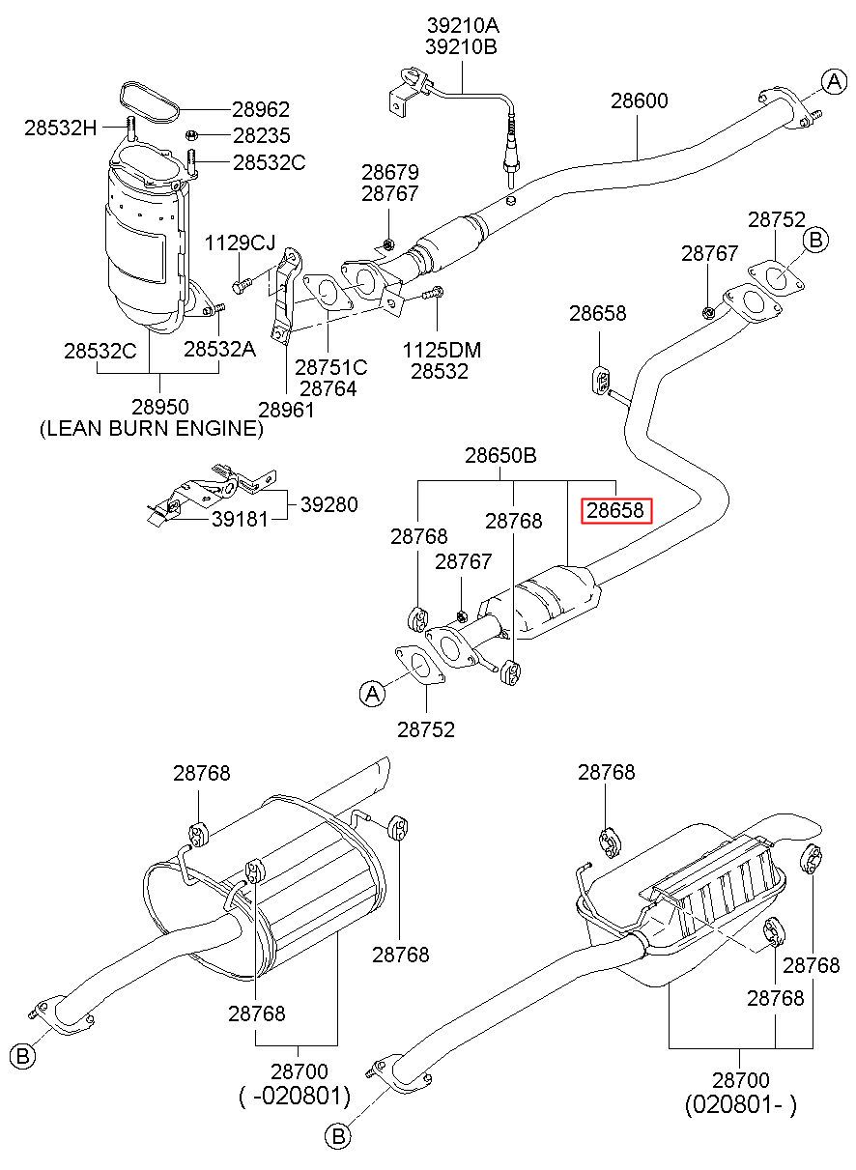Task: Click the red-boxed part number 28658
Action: click(x=615, y=510)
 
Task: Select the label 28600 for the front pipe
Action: click(x=640, y=100)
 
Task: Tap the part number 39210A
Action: click(x=463, y=25)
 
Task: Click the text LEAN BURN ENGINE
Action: click(x=152, y=428)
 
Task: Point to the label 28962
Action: click(x=261, y=109)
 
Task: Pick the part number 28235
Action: click(x=261, y=135)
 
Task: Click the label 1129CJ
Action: click(x=240, y=243)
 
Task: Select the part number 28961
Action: click(x=287, y=410)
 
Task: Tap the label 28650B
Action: click(x=500, y=455)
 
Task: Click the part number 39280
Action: click(x=329, y=504)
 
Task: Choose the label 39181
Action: click(x=241, y=519)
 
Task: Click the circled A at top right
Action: click(x=834, y=81)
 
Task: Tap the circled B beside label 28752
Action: click(x=815, y=241)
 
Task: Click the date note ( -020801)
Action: click(x=295, y=1096)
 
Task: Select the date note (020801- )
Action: click(x=741, y=1104)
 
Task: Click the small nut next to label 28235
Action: click(x=191, y=135)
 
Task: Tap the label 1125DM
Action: click(x=442, y=350)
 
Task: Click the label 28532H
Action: click(x=61, y=128)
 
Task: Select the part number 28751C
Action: click(x=331, y=368)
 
